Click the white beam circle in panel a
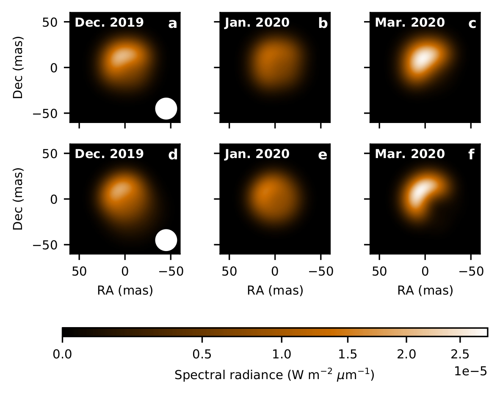[166, 108]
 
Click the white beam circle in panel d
[166, 240]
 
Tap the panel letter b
[323, 24]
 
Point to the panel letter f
[472, 155]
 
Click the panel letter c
[472, 24]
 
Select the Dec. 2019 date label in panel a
[109, 22]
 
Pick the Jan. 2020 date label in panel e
[257, 154]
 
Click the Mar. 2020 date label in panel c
[410, 22]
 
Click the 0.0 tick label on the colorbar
[62, 353]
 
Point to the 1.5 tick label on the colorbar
[348, 353]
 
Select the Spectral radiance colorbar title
[274, 374]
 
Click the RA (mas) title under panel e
[275, 290]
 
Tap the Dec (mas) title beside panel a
[17, 68]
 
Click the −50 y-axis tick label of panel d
[52, 245]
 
